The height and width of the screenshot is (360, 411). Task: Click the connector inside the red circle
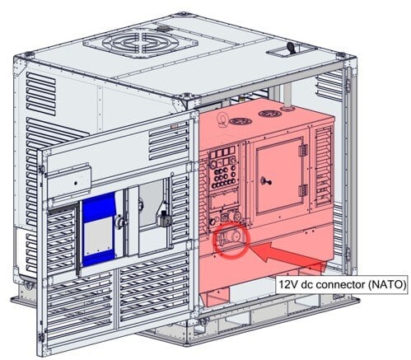(230, 236)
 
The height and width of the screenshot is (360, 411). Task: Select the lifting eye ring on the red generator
(221, 119)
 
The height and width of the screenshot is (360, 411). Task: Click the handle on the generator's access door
(266, 181)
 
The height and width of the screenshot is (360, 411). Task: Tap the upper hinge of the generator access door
(302, 150)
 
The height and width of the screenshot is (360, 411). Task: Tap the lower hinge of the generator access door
(302, 190)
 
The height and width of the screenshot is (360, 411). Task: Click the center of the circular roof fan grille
(140, 43)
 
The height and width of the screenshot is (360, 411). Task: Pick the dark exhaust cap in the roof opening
(291, 48)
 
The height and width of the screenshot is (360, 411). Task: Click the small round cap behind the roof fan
(163, 28)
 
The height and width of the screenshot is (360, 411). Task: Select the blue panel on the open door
(99, 229)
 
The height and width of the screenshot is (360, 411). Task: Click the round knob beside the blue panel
(119, 222)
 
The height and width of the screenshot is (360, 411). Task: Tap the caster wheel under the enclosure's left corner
(28, 286)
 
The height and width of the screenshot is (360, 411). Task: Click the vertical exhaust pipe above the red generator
(287, 96)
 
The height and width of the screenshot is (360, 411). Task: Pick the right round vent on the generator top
(270, 113)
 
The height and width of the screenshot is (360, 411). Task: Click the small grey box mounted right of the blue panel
(164, 218)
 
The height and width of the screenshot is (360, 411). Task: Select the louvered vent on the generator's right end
(323, 166)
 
